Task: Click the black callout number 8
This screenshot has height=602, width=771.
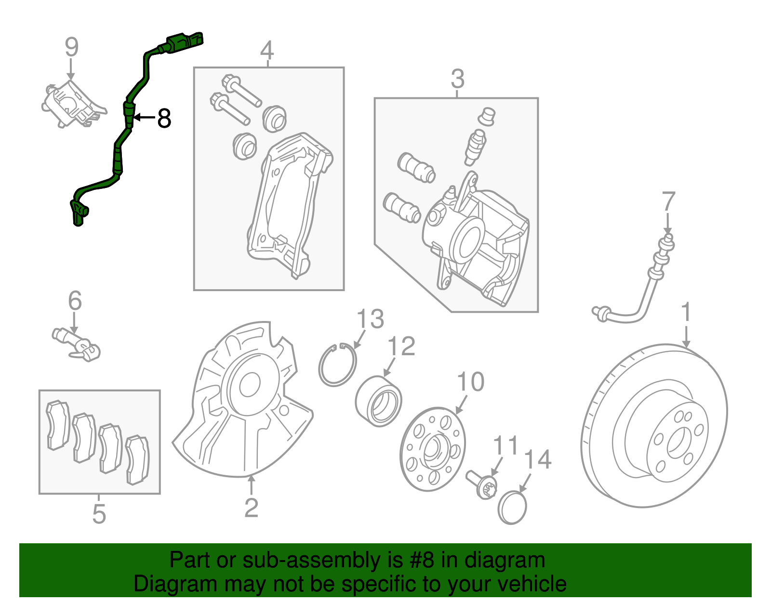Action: [164, 118]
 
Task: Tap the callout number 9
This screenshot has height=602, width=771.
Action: [71, 48]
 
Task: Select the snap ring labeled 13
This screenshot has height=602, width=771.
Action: [337, 366]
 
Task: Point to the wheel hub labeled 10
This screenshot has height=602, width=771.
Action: [433, 448]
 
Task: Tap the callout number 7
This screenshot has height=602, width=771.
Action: [668, 201]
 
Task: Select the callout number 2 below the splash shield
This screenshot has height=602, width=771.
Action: [251, 508]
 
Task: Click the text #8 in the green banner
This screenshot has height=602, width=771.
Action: [422, 561]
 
